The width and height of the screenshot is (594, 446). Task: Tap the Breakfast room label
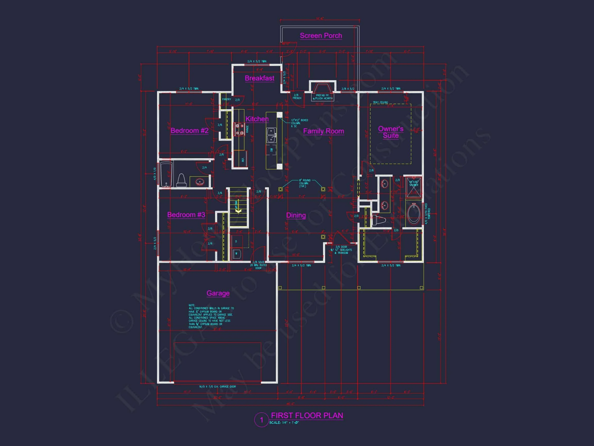coord(259,78)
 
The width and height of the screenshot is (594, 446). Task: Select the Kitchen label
coord(257,119)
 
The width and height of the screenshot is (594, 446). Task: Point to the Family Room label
coord(323,131)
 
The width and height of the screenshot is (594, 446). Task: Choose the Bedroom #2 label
coord(189,131)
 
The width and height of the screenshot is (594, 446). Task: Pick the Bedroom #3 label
coord(186,215)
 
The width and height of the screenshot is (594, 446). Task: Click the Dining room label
coord(296,215)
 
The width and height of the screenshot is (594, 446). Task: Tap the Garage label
coord(218,293)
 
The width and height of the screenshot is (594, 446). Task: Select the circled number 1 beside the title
coord(261,420)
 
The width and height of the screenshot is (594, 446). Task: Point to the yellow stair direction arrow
coord(238,211)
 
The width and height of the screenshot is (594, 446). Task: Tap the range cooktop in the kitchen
coord(239,129)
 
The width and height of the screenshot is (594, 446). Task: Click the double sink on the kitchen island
coord(271,135)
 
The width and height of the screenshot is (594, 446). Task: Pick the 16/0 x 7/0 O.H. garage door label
coord(217,387)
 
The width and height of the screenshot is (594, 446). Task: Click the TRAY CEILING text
coord(380,102)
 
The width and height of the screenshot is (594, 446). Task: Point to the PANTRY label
coord(226,99)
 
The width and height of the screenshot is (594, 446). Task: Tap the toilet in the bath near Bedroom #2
coord(181,181)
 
